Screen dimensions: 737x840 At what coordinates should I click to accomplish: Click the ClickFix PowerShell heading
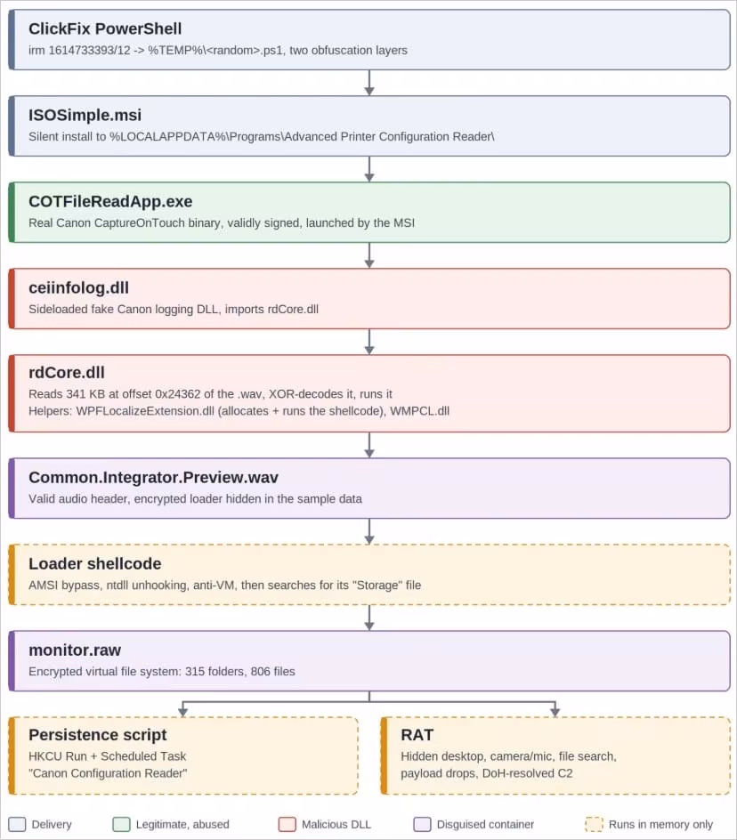click(105, 29)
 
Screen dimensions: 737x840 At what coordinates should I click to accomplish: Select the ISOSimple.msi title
click(85, 115)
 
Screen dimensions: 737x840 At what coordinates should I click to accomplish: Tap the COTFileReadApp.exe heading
click(110, 201)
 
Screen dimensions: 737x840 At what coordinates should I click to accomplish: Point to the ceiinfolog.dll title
click(79, 287)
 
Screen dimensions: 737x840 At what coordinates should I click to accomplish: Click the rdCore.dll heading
click(67, 372)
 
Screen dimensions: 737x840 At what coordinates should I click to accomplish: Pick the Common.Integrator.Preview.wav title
click(153, 477)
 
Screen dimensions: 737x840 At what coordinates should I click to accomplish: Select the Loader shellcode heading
click(95, 563)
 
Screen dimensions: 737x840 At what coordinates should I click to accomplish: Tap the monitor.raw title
click(75, 650)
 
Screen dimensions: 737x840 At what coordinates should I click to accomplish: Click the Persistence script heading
click(98, 735)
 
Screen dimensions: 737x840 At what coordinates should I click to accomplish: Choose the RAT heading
click(417, 735)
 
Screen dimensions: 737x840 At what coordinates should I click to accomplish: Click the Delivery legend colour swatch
click(17, 824)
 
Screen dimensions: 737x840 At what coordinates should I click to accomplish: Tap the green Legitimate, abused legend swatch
click(121, 824)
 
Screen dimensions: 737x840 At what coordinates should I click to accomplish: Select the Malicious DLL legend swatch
click(288, 824)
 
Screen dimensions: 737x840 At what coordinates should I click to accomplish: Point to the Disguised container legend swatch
click(423, 824)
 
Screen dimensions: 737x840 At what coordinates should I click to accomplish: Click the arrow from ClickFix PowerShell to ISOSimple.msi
click(369, 83)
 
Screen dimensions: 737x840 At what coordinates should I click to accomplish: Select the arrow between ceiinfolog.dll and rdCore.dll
click(369, 342)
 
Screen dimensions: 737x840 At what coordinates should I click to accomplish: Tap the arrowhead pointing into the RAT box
click(555, 712)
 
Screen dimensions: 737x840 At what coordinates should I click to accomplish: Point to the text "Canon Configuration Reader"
click(108, 773)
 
